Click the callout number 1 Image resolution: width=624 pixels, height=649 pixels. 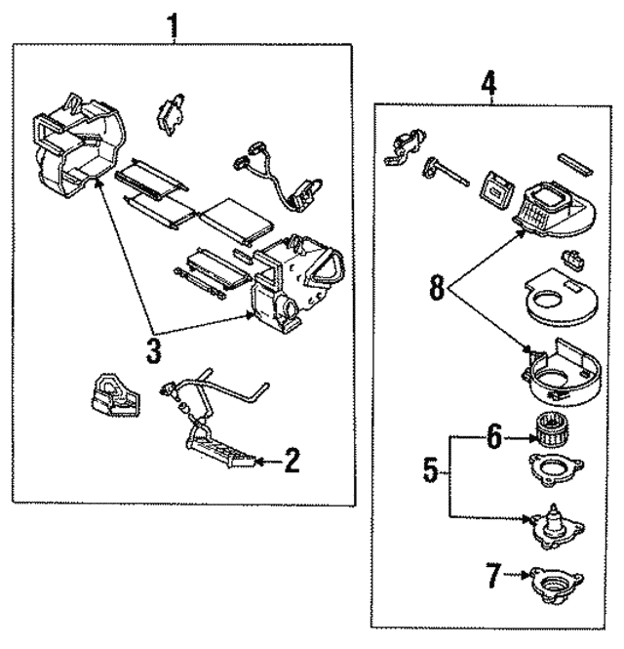tap(175, 24)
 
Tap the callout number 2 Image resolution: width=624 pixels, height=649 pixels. tap(290, 460)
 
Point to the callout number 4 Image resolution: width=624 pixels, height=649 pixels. tap(489, 83)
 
